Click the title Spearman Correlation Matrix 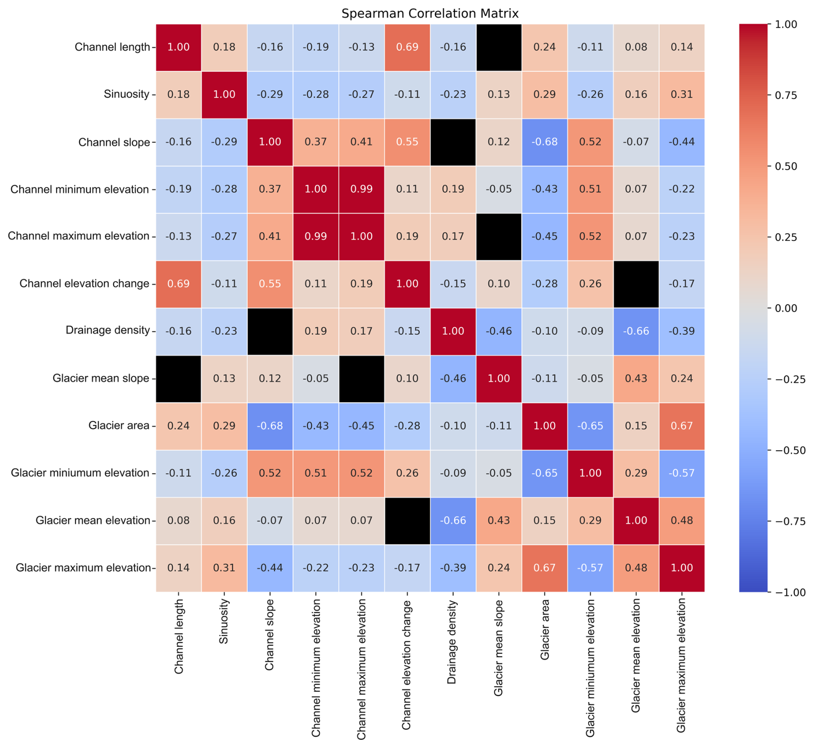point(429,14)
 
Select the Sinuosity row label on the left point(126,94)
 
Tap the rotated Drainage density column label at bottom point(452,642)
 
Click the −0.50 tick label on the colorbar point(789,451)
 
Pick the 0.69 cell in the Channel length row point(407,47)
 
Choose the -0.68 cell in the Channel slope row point(544,142)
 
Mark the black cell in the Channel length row point(499,47)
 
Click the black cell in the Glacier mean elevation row point(407,521)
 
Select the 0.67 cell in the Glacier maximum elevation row point(544,568)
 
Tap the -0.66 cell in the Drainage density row point(636,331)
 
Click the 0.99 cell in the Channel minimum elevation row point(361,189)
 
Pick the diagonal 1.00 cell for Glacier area point(544,426)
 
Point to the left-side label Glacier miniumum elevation point(80,473)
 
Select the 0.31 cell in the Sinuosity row point(681,94)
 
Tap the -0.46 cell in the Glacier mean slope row point(453,378)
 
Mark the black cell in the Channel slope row point(453,142)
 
